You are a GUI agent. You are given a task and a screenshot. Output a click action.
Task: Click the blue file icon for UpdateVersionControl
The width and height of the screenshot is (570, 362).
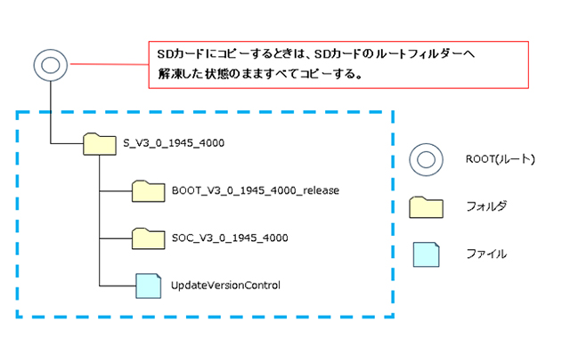(x=148, y=286)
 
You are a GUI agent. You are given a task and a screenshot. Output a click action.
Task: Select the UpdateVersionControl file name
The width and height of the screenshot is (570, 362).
(x=225, y=286)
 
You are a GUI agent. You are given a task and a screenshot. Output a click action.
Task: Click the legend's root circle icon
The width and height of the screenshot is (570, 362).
(x=425, y=160)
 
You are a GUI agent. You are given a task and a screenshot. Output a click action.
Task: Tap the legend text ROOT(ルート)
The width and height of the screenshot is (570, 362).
(x=499, y=160)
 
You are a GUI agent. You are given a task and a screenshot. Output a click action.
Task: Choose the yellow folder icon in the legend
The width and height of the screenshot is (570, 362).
(x=425, y=207)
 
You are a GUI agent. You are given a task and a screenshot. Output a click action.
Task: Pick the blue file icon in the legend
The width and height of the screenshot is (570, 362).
(x=425, y=254)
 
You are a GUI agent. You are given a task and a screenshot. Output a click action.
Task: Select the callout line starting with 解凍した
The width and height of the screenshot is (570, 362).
(x=254, y=75)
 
